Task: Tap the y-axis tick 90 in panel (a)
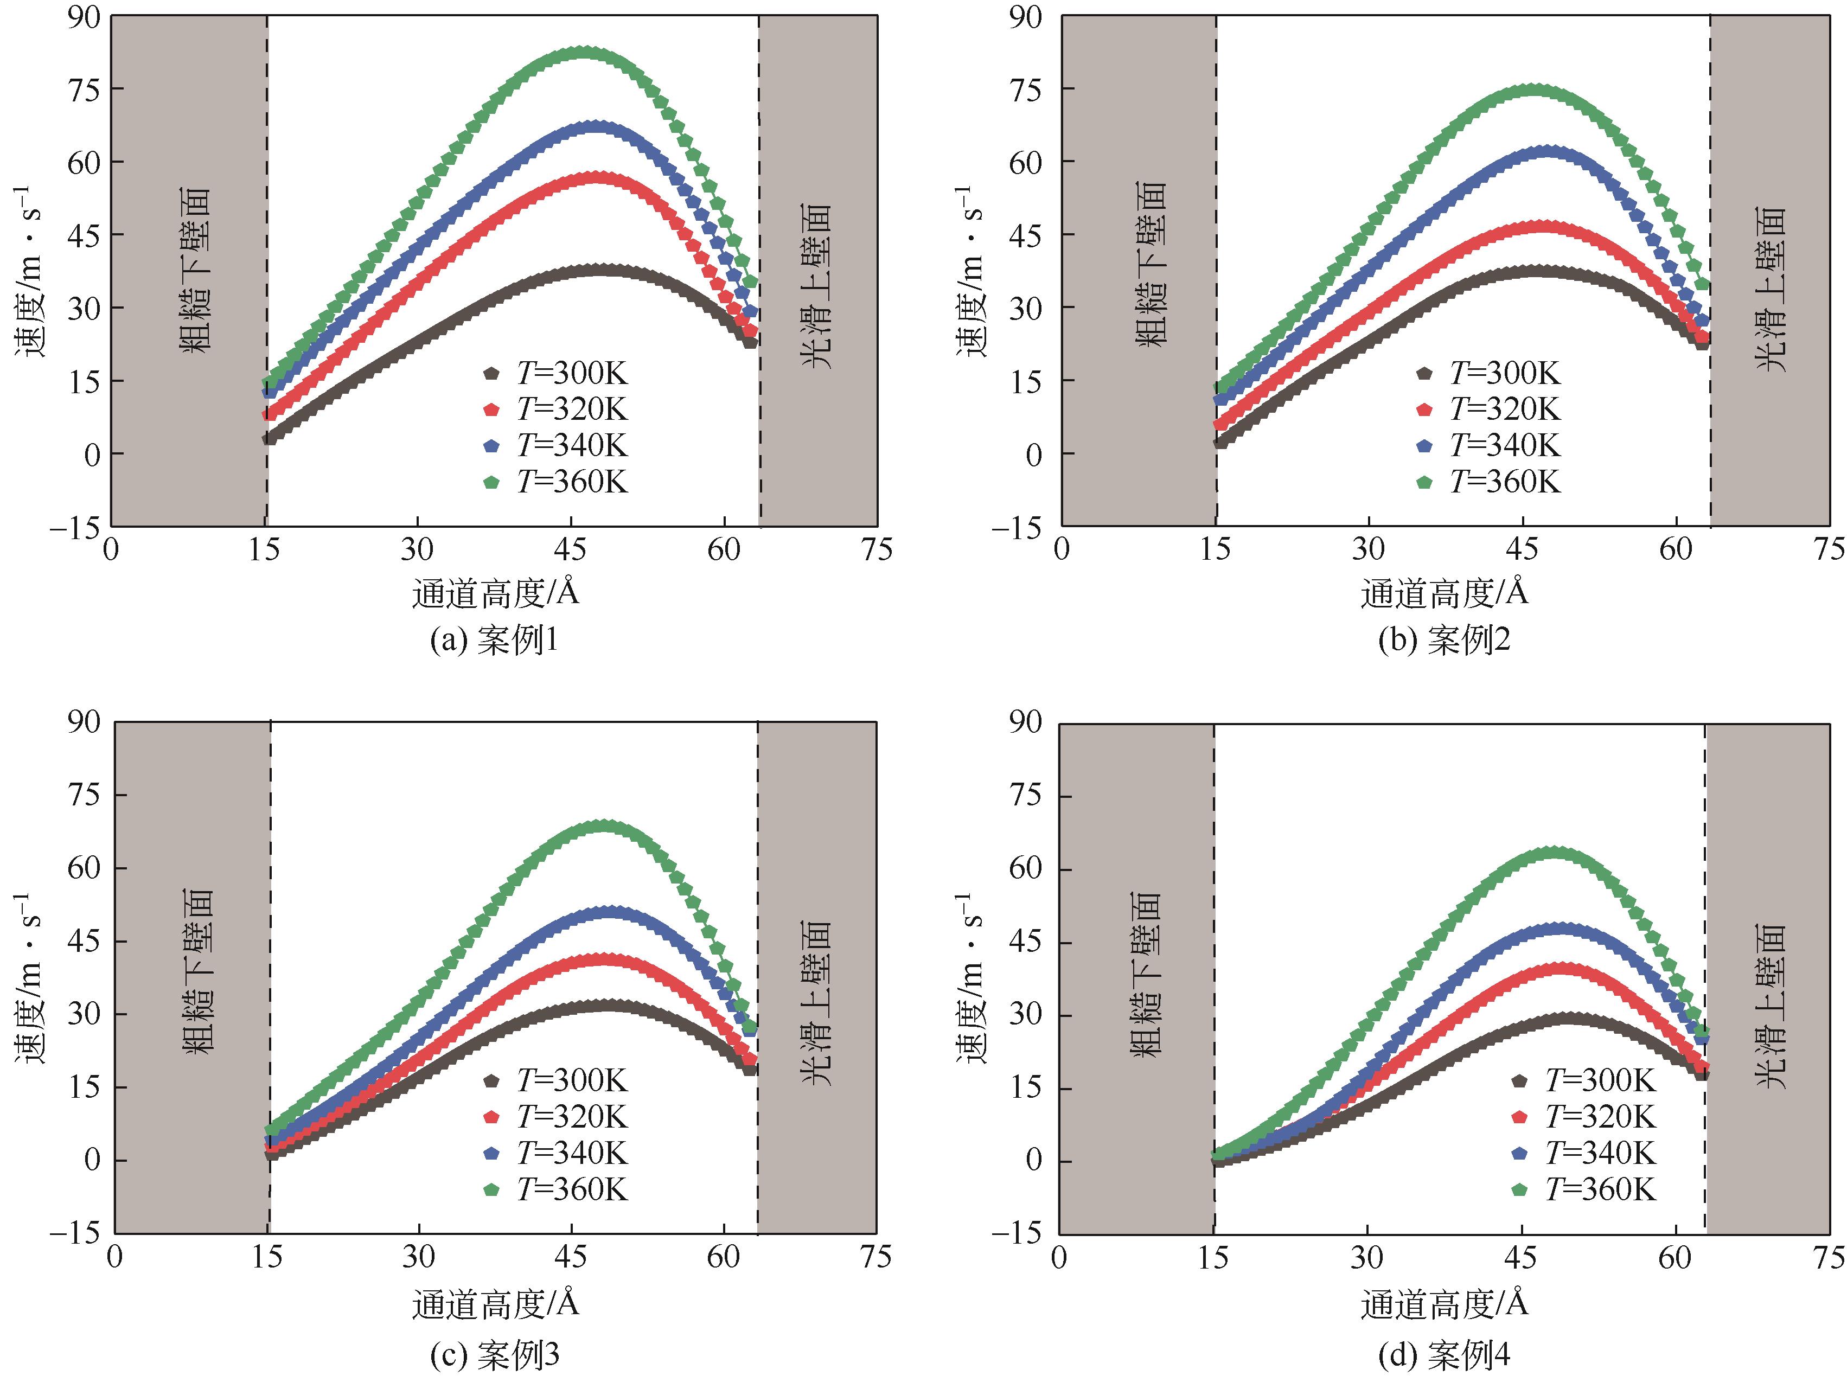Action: pos(84,17)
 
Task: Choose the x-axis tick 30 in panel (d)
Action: pos(1366,1256)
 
